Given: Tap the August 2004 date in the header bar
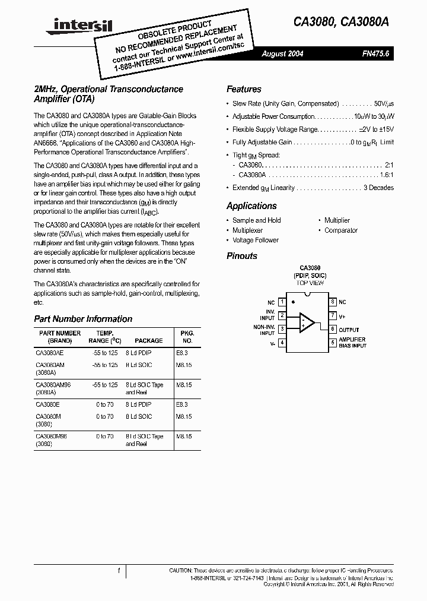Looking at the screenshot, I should [x=282, y=54].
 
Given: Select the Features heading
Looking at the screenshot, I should [x=244, y=90].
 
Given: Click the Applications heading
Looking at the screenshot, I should [x=251, y=206].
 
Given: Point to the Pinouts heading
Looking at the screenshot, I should [x=242, y=256].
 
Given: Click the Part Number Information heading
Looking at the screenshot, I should [x=83, y=319].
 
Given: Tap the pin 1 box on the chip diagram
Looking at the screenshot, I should [x=282, y=302].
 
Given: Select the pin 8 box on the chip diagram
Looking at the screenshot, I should [x=333, y=302].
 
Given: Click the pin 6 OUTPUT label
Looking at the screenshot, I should [x=349, y=330].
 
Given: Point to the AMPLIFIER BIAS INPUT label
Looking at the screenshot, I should [x=352, y=343].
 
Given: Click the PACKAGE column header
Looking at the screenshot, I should [x=148, y=341].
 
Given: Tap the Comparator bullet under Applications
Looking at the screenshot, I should [x=340, y=230].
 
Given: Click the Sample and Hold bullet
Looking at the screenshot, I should [x=256, y=220].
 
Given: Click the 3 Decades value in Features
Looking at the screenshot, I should [x=378, y=188].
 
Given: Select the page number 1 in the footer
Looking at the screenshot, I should [x=119, y=571].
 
